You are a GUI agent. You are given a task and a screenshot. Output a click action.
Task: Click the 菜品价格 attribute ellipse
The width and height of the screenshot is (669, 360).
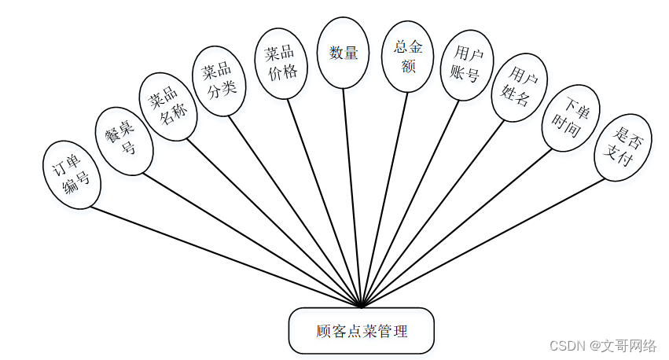coord(281,64)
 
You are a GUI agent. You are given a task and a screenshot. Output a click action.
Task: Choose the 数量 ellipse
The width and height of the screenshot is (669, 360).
coord(344,53)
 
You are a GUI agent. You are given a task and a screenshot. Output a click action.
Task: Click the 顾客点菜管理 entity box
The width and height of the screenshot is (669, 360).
coord(361,331)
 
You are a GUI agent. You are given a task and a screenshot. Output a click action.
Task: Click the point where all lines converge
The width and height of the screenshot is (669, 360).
coord(362,306)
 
